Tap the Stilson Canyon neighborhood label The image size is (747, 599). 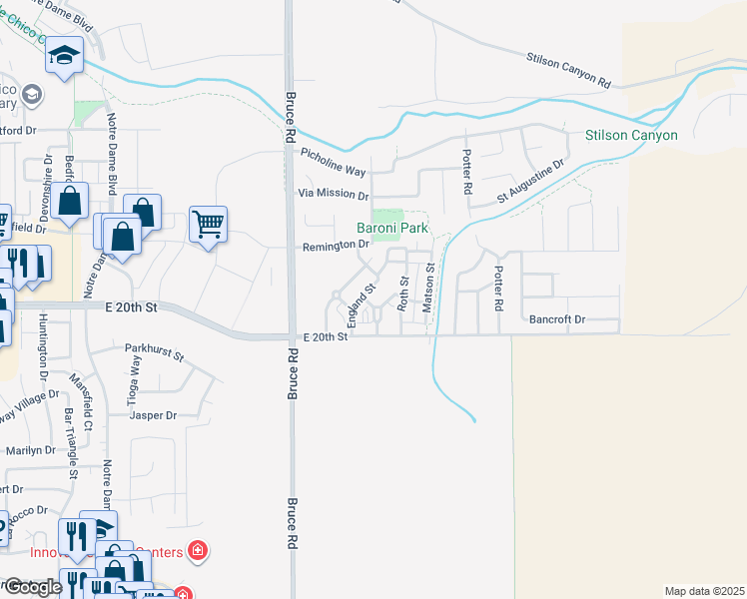631,136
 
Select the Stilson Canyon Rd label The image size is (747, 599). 568,67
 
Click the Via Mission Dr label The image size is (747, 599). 334,196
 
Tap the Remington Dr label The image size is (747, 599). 338,245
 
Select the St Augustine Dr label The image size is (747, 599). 531,182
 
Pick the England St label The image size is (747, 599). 360,305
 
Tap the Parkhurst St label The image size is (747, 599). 155,353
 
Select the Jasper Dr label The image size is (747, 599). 153,415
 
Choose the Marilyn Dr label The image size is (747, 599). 29,451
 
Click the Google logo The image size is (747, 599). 32,587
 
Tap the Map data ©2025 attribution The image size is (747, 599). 703,591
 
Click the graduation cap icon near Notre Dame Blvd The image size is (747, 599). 65,56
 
